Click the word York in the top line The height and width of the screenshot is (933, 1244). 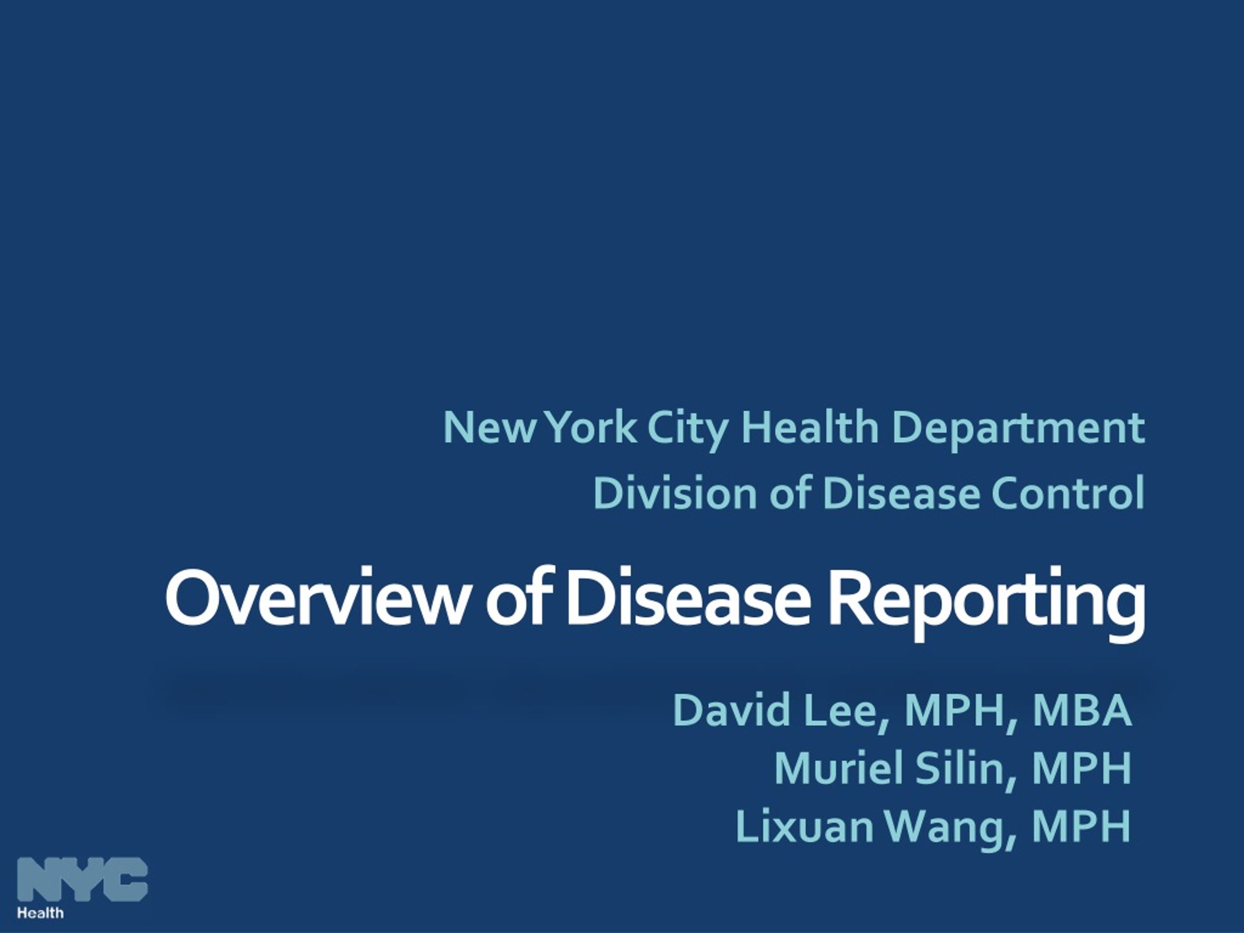pos(592,428)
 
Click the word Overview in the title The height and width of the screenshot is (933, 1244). pos(316,597)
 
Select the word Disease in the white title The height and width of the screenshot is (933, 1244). pos(688,597)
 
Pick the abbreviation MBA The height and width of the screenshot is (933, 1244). pos(1082,710)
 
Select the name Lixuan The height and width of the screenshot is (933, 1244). pos(804,826)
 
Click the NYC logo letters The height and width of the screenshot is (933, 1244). pos(83,879)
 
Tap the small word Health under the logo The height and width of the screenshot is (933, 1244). pos(40,912)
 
